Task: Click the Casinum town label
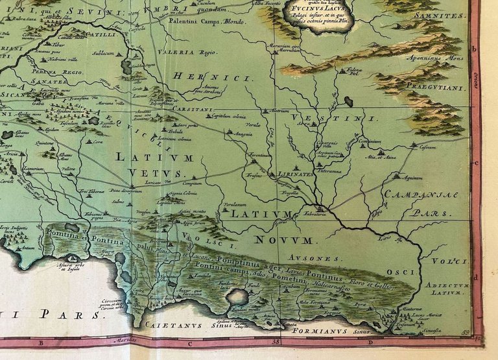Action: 427,147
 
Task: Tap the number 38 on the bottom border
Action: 276,340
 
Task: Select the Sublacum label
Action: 103,54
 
